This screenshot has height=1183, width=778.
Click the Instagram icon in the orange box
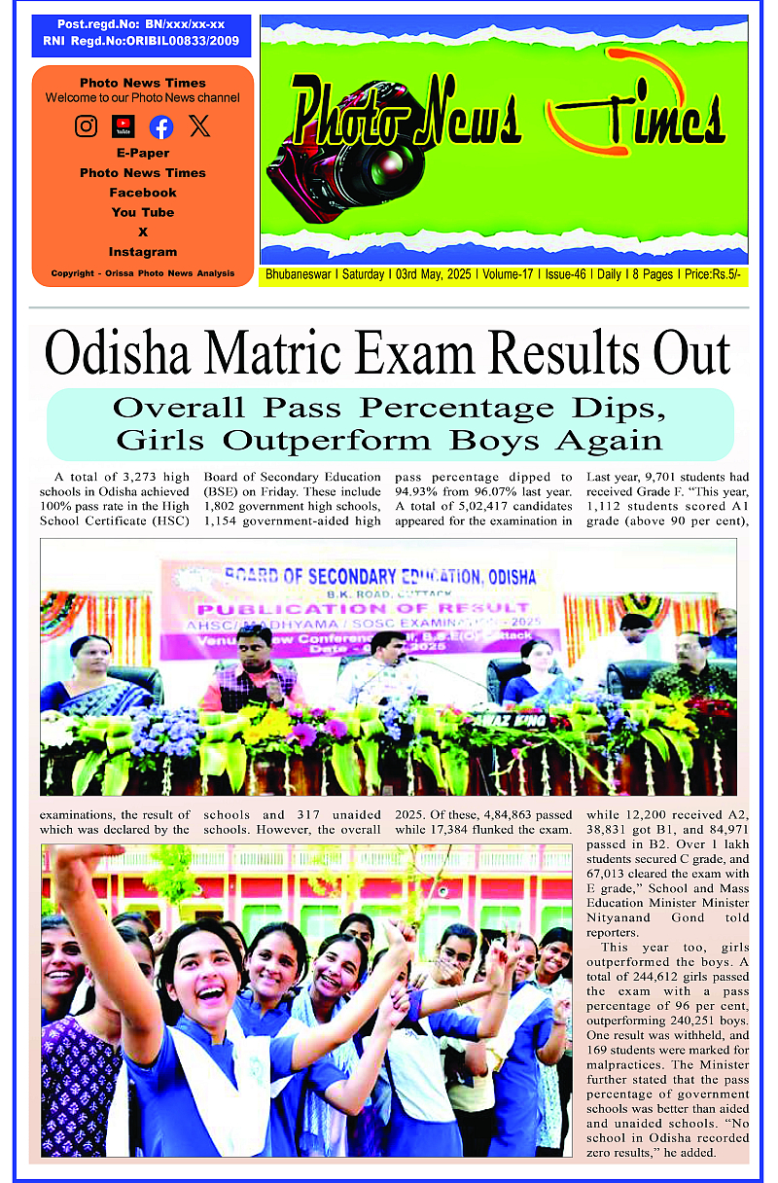pyautogui.click(x=87, y=125)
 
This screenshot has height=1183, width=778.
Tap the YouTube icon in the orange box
pyautogui.click(x=124, y=126)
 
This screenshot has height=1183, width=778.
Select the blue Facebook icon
pyautogui.click(x=161, y=126)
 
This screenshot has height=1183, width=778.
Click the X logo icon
pyautogui.click(x=199, y=125)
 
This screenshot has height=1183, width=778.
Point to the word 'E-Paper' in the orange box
pyautogui.click(x=143, y=153)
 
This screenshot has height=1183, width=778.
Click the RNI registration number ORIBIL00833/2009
pyautogui.click(x=180, y=42)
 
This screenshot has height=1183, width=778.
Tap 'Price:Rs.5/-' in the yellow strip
pyautogui.click(x=714, y=275)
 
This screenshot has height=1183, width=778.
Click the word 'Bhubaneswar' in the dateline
pyautogui.click(x=299, y=275)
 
